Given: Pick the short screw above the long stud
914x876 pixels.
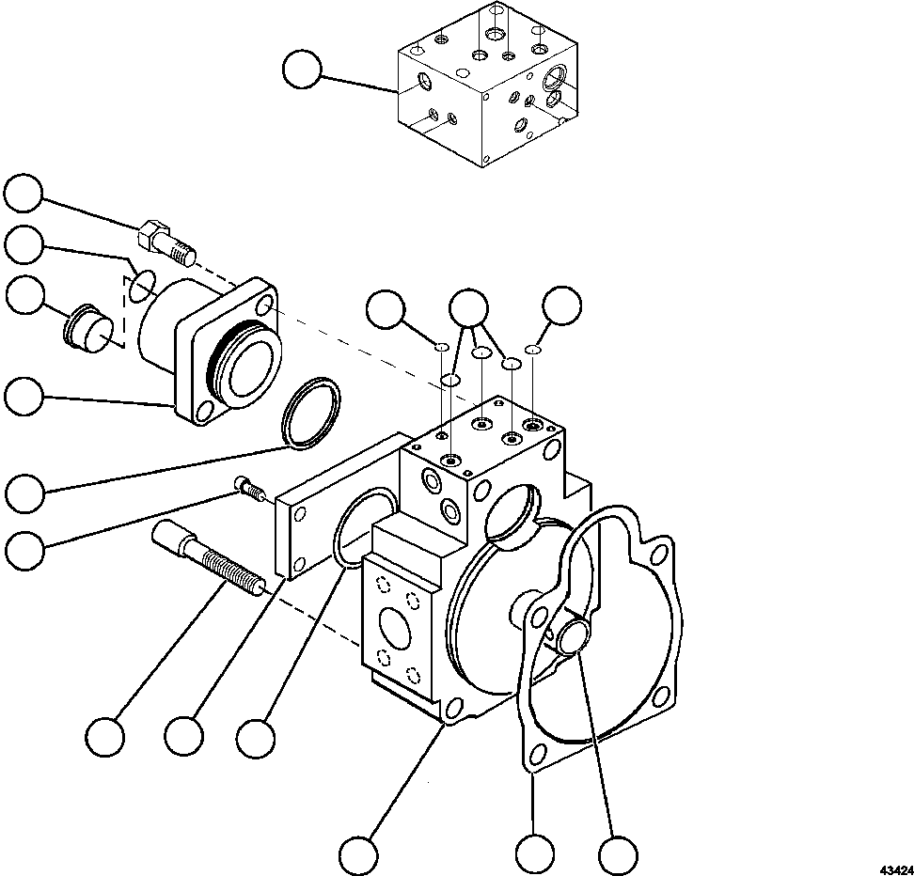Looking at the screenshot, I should [x=249, y=487].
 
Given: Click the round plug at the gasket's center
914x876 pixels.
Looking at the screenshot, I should [x=572, y=637].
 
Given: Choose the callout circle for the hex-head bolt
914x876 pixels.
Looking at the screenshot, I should [x=23, y=194].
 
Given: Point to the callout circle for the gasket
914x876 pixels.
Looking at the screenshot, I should [x=533, y=854].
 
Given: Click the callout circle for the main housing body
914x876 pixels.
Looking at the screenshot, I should [x=358, y=854].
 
